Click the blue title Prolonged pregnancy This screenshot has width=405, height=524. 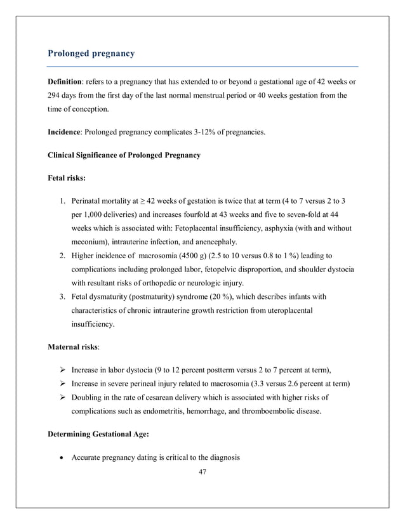[91, 53]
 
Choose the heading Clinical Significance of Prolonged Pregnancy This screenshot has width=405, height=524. [124, 155]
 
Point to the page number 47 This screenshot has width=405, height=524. [202, 471]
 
